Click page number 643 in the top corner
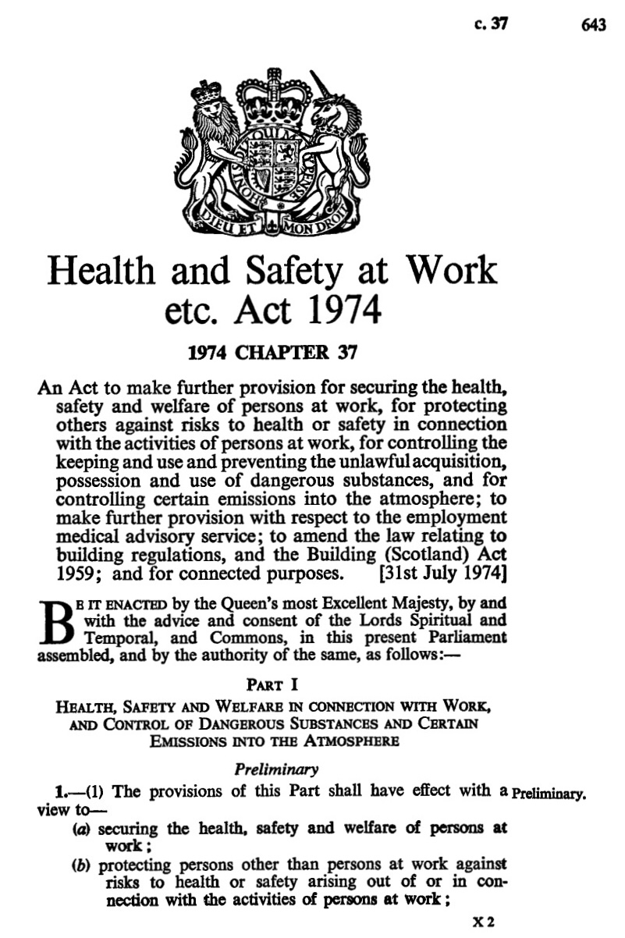[x=594, y=25]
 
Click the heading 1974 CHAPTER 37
[x=273, y=351]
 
